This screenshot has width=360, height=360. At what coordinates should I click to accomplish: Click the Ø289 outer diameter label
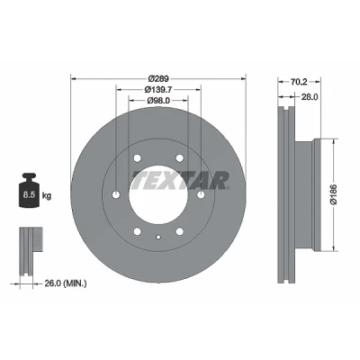click(x=158, y=79)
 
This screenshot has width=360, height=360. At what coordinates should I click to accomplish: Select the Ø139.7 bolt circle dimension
click(x=158, y=89)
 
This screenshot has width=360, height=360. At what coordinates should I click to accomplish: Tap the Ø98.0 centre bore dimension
click(x=158, y=101)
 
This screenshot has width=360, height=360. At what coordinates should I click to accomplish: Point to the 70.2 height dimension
click(x=299, y=82)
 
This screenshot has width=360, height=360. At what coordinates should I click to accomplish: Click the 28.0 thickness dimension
click(x=309, y=96)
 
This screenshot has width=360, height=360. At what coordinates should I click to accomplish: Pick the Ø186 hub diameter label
click(x=334, y=194)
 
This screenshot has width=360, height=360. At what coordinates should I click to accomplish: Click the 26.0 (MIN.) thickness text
click(x=66, y=283)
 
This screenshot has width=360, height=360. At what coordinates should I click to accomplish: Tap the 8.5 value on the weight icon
click(x=30, y=195)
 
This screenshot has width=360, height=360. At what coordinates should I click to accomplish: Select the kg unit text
click(x=47, y=196)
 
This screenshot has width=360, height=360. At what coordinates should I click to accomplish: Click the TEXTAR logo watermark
click(x=181, y=180)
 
